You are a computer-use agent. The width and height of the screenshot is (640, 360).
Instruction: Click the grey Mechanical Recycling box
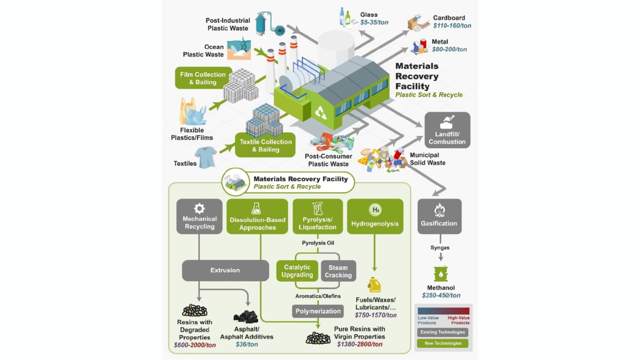point(199,216)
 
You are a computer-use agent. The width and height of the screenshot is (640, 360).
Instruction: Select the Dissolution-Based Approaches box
point(257,216)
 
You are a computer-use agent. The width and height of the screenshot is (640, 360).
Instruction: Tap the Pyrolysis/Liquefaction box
point(317,216)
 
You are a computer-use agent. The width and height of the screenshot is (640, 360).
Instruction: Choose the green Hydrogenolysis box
point(375,216)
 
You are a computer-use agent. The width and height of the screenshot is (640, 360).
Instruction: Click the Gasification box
point(439,216)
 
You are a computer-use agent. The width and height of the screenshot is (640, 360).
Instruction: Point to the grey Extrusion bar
point(225,270)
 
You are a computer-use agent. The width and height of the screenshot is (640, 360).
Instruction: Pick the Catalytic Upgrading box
point(297,271)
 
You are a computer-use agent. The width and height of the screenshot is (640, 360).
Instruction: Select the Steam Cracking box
point(338,271)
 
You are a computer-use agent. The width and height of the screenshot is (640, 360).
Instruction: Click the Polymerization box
point(318,311)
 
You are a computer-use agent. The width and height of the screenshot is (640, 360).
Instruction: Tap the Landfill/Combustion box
point(447,130)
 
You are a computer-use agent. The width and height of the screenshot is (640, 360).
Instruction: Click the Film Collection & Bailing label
point(203,78)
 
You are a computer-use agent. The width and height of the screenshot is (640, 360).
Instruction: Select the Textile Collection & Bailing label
point(265,145)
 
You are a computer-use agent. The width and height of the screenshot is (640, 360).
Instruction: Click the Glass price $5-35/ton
point(374,22)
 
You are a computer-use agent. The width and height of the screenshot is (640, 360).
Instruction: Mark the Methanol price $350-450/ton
point(441,295)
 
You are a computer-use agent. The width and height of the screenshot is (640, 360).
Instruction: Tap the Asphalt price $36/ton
point(247,344)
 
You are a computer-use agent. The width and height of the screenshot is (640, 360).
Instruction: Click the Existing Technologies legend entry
point(442,332)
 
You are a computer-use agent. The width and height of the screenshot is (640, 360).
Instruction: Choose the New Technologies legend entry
point(442,343)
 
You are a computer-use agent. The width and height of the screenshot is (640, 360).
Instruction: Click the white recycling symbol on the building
point(321,113)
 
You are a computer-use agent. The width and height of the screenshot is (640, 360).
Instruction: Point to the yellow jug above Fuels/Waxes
point(374,285)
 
